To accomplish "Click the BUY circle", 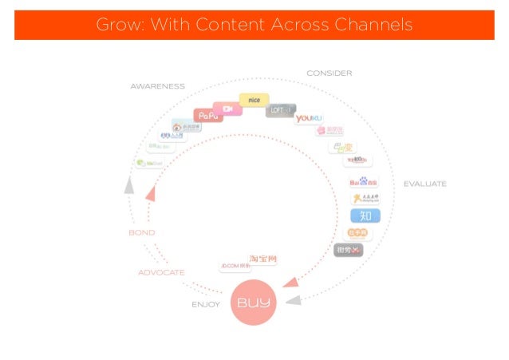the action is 254,303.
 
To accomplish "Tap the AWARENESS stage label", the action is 157,86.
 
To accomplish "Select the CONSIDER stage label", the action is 329,73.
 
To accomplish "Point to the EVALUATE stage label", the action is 424,184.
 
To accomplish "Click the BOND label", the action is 141,232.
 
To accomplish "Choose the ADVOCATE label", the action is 161,272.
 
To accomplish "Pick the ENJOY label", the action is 206,304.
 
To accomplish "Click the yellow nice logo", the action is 254,100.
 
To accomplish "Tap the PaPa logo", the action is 207,116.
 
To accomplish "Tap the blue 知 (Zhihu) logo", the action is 365,216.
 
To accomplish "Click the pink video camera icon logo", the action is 228,109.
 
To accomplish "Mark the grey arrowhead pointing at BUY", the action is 293,300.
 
